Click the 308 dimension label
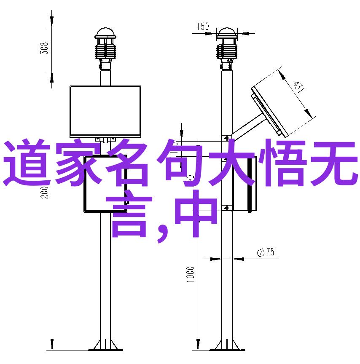point(44,48)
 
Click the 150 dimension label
point(203,26)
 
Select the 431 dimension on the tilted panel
point(298,87)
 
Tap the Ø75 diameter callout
point(266,252)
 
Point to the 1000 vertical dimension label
point(190,274)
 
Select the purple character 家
point(78,163)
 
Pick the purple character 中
point(196,214)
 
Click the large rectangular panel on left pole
point(105,111)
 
